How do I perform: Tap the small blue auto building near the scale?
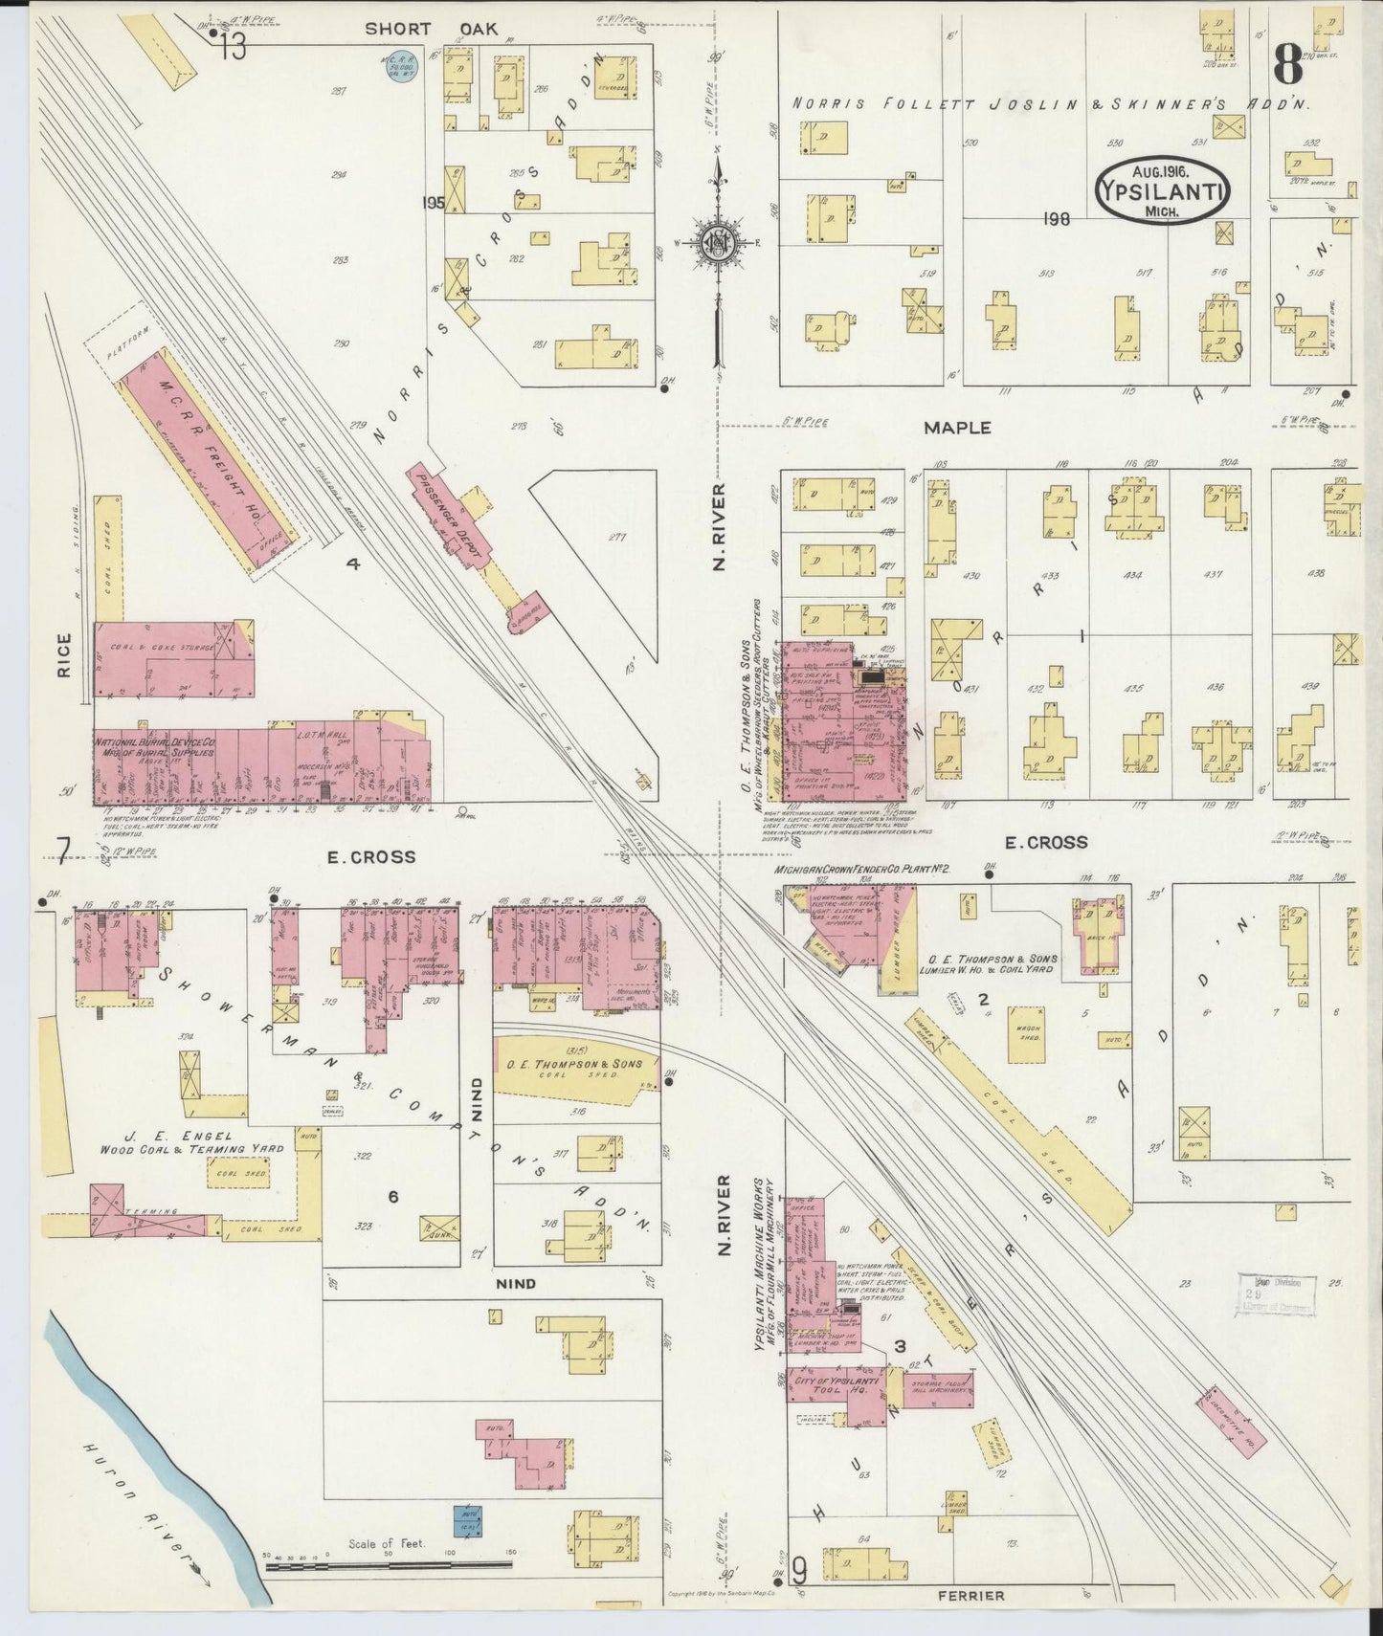[x=467, y=1518]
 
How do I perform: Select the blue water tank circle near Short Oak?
[x=399, y=67]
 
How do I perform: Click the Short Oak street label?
[x=432, y=29]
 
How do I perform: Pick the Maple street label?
[x=956, y=428]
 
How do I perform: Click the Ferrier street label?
[x=970, y=1596]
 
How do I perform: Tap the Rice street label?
[x=64, y=654]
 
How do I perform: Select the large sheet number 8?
[x=1287, y=65]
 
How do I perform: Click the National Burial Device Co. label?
[x=154, y=747]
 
